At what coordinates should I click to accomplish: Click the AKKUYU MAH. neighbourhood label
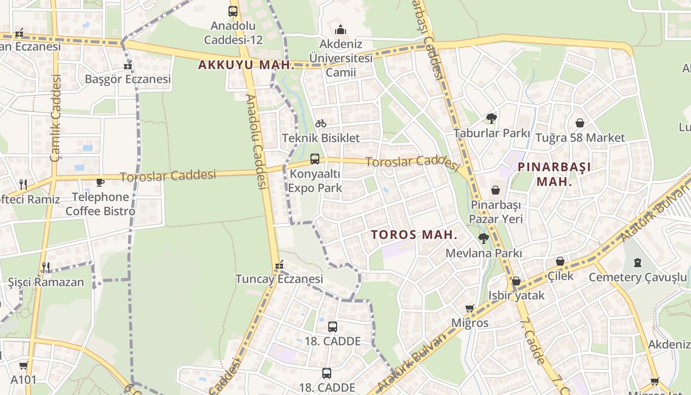pos(246,65)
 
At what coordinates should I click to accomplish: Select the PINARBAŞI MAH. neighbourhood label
pos(554,174)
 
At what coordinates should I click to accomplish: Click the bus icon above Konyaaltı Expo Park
pos(315,159)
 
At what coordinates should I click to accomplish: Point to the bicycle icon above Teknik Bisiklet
pos(321,123)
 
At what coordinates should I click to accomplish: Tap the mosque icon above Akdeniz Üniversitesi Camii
pos(341,30)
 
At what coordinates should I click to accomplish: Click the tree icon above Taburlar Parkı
pos(491,118)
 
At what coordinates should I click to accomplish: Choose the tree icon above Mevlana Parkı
pos(483,238)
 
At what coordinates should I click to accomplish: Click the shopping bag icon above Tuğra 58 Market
pos(580,123)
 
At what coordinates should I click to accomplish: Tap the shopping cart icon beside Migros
pos(469,309)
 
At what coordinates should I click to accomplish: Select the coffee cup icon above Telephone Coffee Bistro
pos(100,182)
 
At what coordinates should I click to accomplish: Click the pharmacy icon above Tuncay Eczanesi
pos(279,266)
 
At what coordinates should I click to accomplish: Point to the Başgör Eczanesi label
pos(128,79)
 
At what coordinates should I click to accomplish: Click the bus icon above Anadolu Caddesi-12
pos(233,11)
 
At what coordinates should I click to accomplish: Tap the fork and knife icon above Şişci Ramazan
pos(45,268)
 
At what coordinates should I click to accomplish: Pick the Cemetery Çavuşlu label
pos(637,277)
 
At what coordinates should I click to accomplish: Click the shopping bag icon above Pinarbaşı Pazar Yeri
pos(496,190)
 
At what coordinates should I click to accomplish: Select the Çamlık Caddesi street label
pos(55,118)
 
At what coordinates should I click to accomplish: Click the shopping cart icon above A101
pos(23,366)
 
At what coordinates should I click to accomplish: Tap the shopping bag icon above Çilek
pos(560,261)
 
